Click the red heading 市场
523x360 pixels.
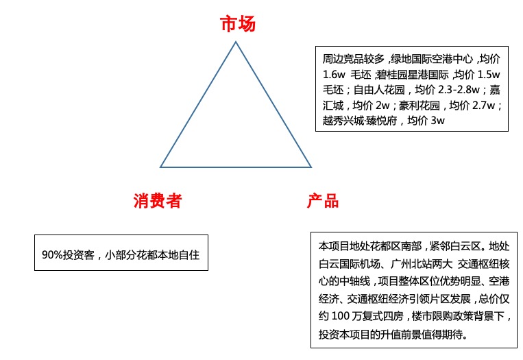(238, 24)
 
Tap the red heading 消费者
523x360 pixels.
(158, 200)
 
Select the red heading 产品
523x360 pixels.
(323, 200)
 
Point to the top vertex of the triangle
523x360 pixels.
(236, 42)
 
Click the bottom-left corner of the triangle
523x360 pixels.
(160, 167)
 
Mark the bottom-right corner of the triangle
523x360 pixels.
(311, 167)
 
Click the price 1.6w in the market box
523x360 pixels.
(334, 75)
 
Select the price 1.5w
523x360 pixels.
(489, 75)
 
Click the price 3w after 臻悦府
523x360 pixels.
(437, 121)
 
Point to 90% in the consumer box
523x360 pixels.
(52, 255)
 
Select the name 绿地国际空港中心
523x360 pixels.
(432, 59)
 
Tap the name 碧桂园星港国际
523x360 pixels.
(413, 75)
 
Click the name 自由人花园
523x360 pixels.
(379, 90)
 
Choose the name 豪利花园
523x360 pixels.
(419, 106)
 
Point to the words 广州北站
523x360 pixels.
(411, 264)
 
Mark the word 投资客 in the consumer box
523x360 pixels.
(79, 255)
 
